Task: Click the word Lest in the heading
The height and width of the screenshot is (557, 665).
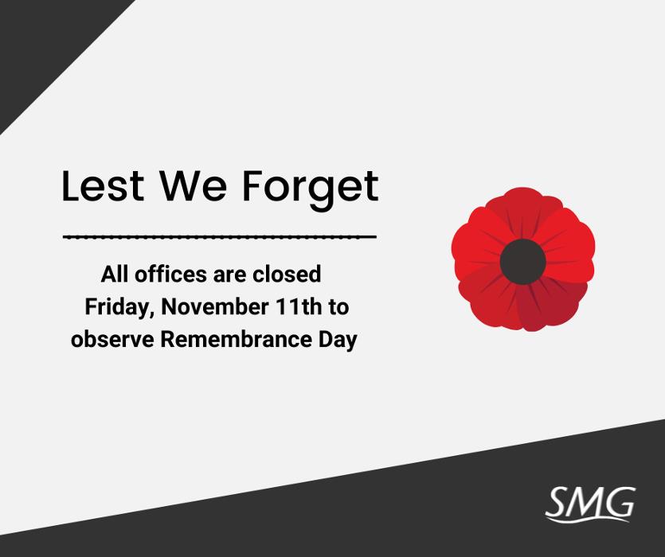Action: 103,185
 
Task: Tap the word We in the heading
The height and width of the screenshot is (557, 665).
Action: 193,185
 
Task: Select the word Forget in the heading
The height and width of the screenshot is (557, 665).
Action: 310,190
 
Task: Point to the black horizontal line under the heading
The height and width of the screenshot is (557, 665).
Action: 220,236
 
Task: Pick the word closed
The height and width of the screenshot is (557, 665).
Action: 287,274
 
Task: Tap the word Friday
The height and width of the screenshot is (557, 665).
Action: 119,307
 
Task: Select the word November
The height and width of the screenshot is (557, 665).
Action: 214,306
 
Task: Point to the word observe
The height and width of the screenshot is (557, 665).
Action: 112,340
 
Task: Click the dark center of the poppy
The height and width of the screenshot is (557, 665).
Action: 522,262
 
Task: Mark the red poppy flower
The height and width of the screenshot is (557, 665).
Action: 523,259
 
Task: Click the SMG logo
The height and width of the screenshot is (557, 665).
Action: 590,504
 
